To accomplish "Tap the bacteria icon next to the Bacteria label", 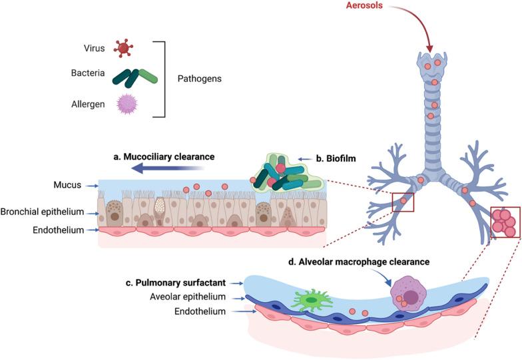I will coord(136,77).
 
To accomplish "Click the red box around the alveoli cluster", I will coord(505,222).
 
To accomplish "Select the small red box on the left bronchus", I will coord(402,200).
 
